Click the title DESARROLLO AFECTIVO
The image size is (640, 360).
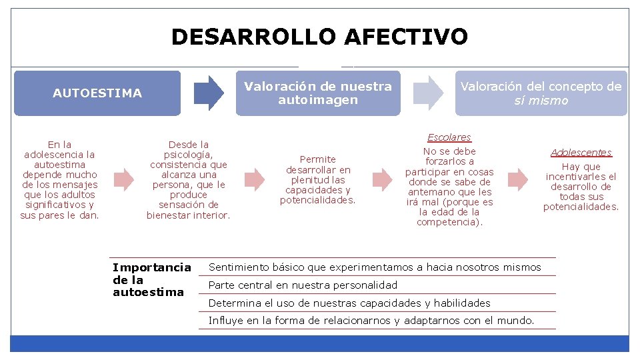(319, 37)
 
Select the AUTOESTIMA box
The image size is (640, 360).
(97, 93)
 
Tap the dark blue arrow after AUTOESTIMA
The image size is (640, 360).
(209, 93)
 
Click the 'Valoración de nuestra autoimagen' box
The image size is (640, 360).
(318, 93)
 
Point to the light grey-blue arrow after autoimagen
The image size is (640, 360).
(427, 93)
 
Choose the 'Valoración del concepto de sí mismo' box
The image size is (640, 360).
(541, 93)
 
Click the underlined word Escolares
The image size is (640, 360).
(449, 137)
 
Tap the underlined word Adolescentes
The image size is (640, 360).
(581, 153)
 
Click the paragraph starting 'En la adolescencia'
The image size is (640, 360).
(60, 179)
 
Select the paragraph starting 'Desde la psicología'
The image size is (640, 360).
(189, 179)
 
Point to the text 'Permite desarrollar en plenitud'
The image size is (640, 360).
(318, 179)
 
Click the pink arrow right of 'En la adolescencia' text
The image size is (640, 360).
(123, 179)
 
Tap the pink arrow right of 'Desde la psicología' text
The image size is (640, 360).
(254, 179)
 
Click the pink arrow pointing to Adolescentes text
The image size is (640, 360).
(518, 179)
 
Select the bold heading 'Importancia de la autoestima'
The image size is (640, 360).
(151, 279)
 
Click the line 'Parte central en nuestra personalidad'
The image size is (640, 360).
(303, 285)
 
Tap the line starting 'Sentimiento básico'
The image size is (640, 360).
(375, 267)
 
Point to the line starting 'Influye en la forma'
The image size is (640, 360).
(371, 321)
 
